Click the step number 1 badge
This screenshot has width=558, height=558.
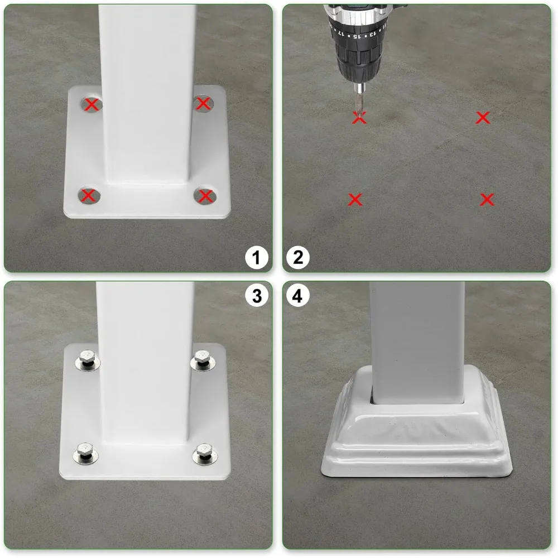click(x=257, y=258)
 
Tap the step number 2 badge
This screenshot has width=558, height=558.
click(x=298, y=258)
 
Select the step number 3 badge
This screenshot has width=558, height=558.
click(x=257, y=296)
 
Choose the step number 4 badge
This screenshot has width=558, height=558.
click(x=298, y=296)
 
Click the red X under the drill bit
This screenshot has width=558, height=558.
click(x=359, y=118)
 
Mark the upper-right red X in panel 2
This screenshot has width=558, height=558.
click(x=483, y=117)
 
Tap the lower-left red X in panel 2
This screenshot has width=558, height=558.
click(x=355, y=199)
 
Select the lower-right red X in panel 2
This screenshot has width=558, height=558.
click(x=487, y=199)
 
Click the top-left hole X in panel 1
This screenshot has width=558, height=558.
click(x=92, y=104)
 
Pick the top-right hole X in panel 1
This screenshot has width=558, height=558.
click(x=204, y=103)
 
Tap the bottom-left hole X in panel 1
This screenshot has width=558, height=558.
click(x=88, y=195)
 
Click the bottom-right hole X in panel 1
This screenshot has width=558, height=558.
click(x=206, y=196)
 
